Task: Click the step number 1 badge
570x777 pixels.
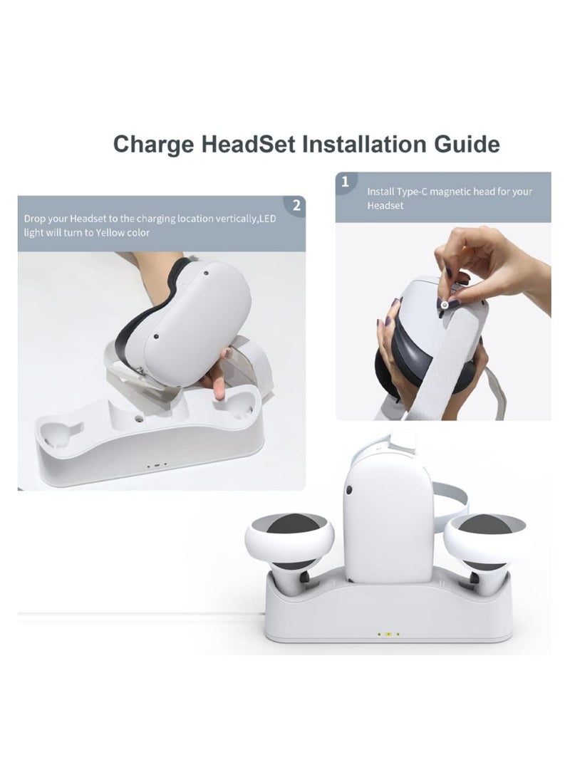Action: tap(346, 182)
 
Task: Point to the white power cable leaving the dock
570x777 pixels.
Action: tap(142, 613)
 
